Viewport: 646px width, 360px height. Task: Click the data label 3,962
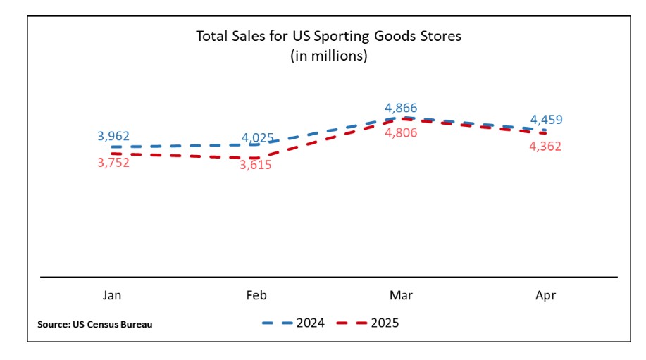[x=114, y=136]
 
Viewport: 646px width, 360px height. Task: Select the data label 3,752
[x=114, y=162]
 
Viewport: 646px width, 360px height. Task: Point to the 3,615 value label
[x=256, y=165]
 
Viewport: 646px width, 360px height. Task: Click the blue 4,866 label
[x=401, y=108]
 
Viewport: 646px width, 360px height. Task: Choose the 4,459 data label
[x=546, y=120]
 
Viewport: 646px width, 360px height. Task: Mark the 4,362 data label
[x=545, y=147]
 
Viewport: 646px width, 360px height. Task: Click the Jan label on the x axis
[x=112, y=296]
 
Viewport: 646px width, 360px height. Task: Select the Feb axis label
[x=256, y=296]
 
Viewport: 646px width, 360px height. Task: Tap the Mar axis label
[x=401, y=296]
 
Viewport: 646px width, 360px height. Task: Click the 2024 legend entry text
[x=310, y=323]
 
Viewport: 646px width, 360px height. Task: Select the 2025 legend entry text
[x=385, y=323]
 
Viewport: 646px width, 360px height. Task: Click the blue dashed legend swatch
[x=278, y=323]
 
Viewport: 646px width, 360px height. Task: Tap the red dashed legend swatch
[x=352, y=323]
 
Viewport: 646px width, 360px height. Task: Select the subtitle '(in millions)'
[x=328, y=56]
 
